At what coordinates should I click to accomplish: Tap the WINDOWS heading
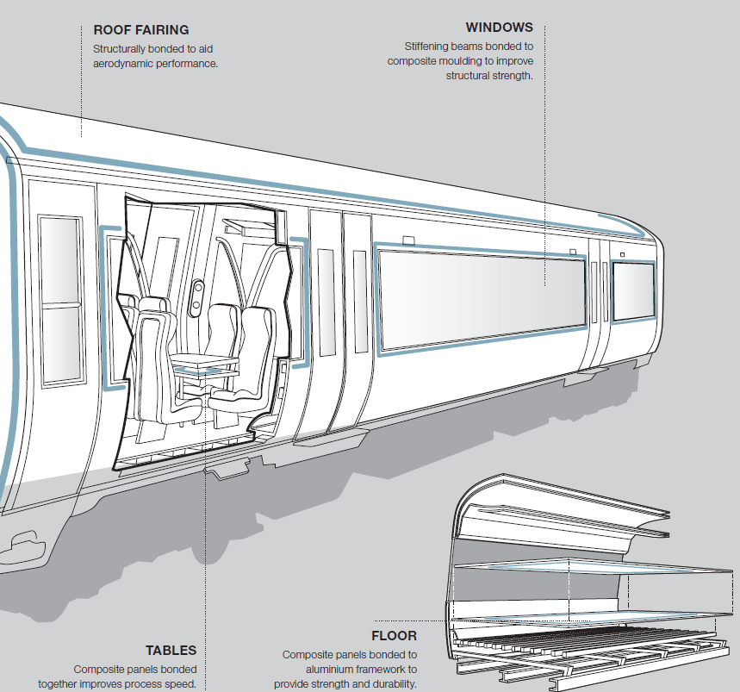(499, 28)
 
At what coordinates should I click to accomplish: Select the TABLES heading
(171, 651)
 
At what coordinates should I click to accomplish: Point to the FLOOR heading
(394, 636)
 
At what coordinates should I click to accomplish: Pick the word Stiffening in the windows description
(430, 46)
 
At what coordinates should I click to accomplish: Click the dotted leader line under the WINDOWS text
(545, 172)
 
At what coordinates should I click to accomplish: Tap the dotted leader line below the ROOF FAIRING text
(81, 103)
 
